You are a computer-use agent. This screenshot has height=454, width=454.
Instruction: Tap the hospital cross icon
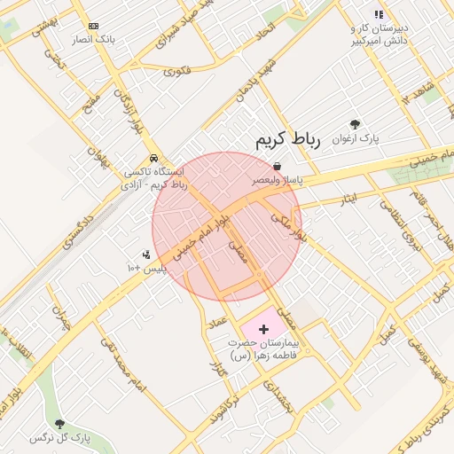[x=262, y=329]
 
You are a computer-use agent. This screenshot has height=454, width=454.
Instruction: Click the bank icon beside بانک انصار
[x=94, y=27]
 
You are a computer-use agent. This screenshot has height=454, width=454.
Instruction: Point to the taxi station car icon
[x=155, y=158]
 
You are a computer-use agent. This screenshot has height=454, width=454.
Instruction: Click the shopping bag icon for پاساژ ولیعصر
[x=278, y=166]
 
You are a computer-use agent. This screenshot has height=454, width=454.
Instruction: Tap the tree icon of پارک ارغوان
[x=356, y=125]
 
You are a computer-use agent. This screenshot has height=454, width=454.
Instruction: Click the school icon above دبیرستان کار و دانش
[x=380, y=14]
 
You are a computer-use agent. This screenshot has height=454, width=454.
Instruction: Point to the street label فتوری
[x=176, y=69]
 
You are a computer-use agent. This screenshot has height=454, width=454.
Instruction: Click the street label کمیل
[x=387, y=335]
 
